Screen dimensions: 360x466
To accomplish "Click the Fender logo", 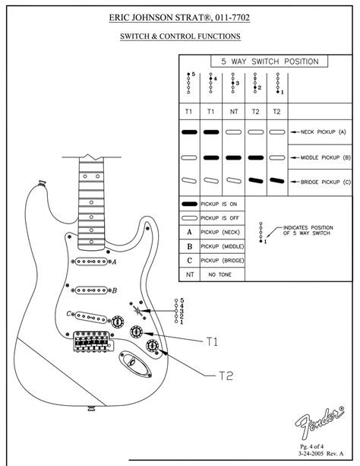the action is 319,421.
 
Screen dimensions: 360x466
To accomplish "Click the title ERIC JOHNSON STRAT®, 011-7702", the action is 179,17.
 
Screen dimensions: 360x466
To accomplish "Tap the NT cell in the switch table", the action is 234,112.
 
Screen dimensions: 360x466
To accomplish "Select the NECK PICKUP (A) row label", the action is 324,132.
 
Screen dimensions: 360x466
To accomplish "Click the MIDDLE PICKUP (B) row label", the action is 326,157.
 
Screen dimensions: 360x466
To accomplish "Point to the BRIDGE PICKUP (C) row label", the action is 326,182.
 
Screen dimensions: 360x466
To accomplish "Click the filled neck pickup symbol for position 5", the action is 189,132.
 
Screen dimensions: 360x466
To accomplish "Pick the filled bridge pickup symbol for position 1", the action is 276,180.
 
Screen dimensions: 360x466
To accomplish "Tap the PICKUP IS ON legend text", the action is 219,204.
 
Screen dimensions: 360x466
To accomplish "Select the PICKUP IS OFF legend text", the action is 219,218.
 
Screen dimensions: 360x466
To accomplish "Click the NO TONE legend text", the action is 219,274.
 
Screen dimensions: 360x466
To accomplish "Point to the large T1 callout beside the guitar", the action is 212,342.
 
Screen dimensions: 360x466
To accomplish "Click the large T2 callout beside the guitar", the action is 226,376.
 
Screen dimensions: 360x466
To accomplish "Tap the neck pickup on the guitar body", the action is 91,262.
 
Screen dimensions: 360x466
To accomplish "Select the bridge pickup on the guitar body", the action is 90,317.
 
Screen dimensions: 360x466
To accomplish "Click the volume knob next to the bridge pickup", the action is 118,322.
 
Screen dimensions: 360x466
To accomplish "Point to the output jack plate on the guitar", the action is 135,363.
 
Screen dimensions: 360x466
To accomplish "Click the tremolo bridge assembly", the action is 93,341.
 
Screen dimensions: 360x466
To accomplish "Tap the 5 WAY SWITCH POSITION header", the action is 270,62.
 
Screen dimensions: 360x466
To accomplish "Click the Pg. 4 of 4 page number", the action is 311,446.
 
